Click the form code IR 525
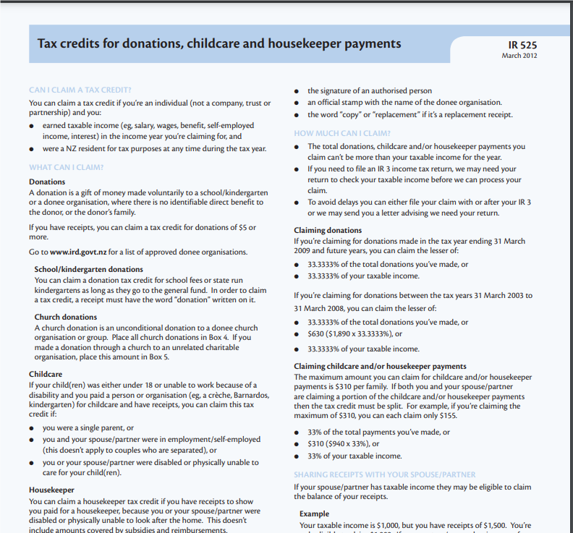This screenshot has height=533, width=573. pos(523,45)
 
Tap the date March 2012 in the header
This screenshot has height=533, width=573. pos(519,56)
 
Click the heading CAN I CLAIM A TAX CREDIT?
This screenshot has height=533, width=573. pos(80,90)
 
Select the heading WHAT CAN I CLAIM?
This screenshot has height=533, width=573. pos(67,168)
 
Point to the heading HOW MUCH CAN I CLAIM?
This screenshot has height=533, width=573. pos(342,133)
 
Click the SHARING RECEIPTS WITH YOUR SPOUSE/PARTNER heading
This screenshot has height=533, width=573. pos(385,474)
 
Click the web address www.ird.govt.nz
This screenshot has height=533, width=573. pos(80,252)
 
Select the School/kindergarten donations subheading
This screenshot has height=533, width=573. pos(89,270)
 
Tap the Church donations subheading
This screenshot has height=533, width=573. pos(66,317)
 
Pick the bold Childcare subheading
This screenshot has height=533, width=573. pos(46,375)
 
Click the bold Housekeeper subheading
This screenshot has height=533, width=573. pos(52,490)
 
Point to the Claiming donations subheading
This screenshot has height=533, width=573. pos(328,231)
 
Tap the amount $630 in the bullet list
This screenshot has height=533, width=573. pos(316,334)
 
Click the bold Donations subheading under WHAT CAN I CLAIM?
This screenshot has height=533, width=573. pos(47,182)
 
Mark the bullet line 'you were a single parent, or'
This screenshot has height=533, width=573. pos(88,428)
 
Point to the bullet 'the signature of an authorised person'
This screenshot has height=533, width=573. pos(370,90)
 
